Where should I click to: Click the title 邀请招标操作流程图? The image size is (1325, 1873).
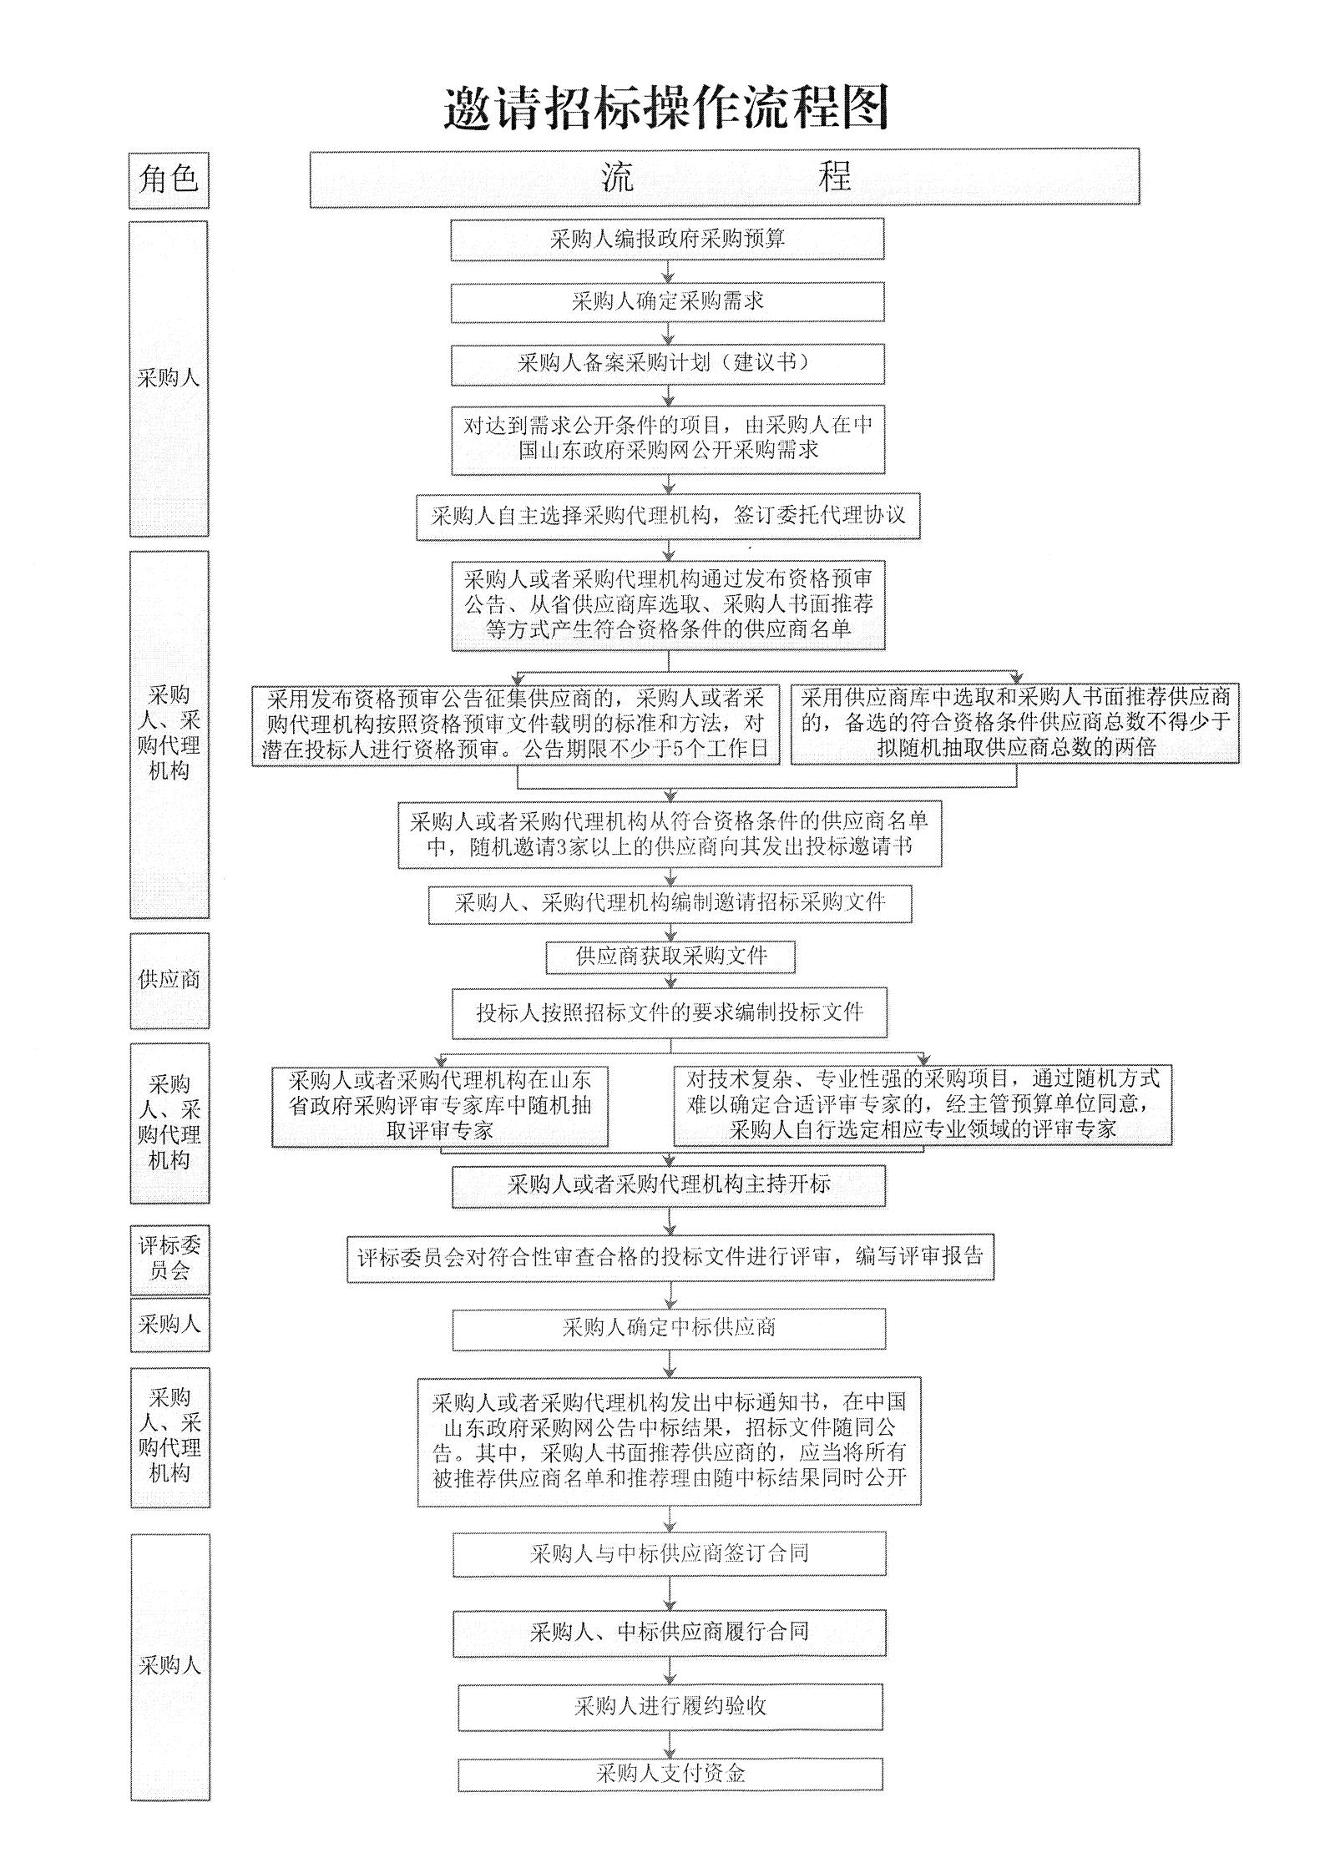pyautogui.click(x=665, y=109)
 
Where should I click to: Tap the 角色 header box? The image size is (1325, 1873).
pyautogui.click(x=169, y=179)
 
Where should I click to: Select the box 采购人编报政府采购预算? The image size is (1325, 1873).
pyautogui.click(x=667, y=240)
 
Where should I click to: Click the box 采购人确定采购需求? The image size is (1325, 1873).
pyautogui.click(x=667, y=301)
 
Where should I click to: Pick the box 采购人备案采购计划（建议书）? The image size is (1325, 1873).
pyautogui.click(x=667, y=364)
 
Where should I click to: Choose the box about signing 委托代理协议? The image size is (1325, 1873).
pyautogui.click(x=668, y=516)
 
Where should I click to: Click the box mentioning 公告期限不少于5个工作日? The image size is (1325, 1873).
pyautogui.click(x=515, y=724)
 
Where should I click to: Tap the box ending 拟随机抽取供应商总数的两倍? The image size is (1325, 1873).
pyautogui.click(x=1014, y=723)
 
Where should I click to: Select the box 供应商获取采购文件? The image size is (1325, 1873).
pyautogui.click(x=670, y=957)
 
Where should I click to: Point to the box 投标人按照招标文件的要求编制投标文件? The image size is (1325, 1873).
pyautogui.click(x=669, y=1013)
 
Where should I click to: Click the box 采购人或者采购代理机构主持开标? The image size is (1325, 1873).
pyautogui.click(x=669, y=1185)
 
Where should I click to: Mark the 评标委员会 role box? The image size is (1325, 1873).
pyautogui.click(x=169, y=1259)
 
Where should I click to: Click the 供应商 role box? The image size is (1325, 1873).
pyautogui.click(x=169, y=980)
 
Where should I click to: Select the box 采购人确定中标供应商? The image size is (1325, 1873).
pyautogui.click(x=669, y=1328)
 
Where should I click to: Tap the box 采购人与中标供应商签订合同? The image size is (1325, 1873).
pyautogui.click(x=669, y=1554)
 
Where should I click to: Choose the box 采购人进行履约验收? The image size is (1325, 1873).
pyautogui.click(x=670, y=1707)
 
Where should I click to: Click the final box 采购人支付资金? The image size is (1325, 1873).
pyautogui.click(x=670, y=1775)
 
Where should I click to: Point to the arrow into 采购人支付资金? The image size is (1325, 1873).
pyautogui.click(x=670, y=1745)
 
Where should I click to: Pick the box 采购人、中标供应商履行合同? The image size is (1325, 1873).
pyautogui.click(x=669, y=1633)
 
